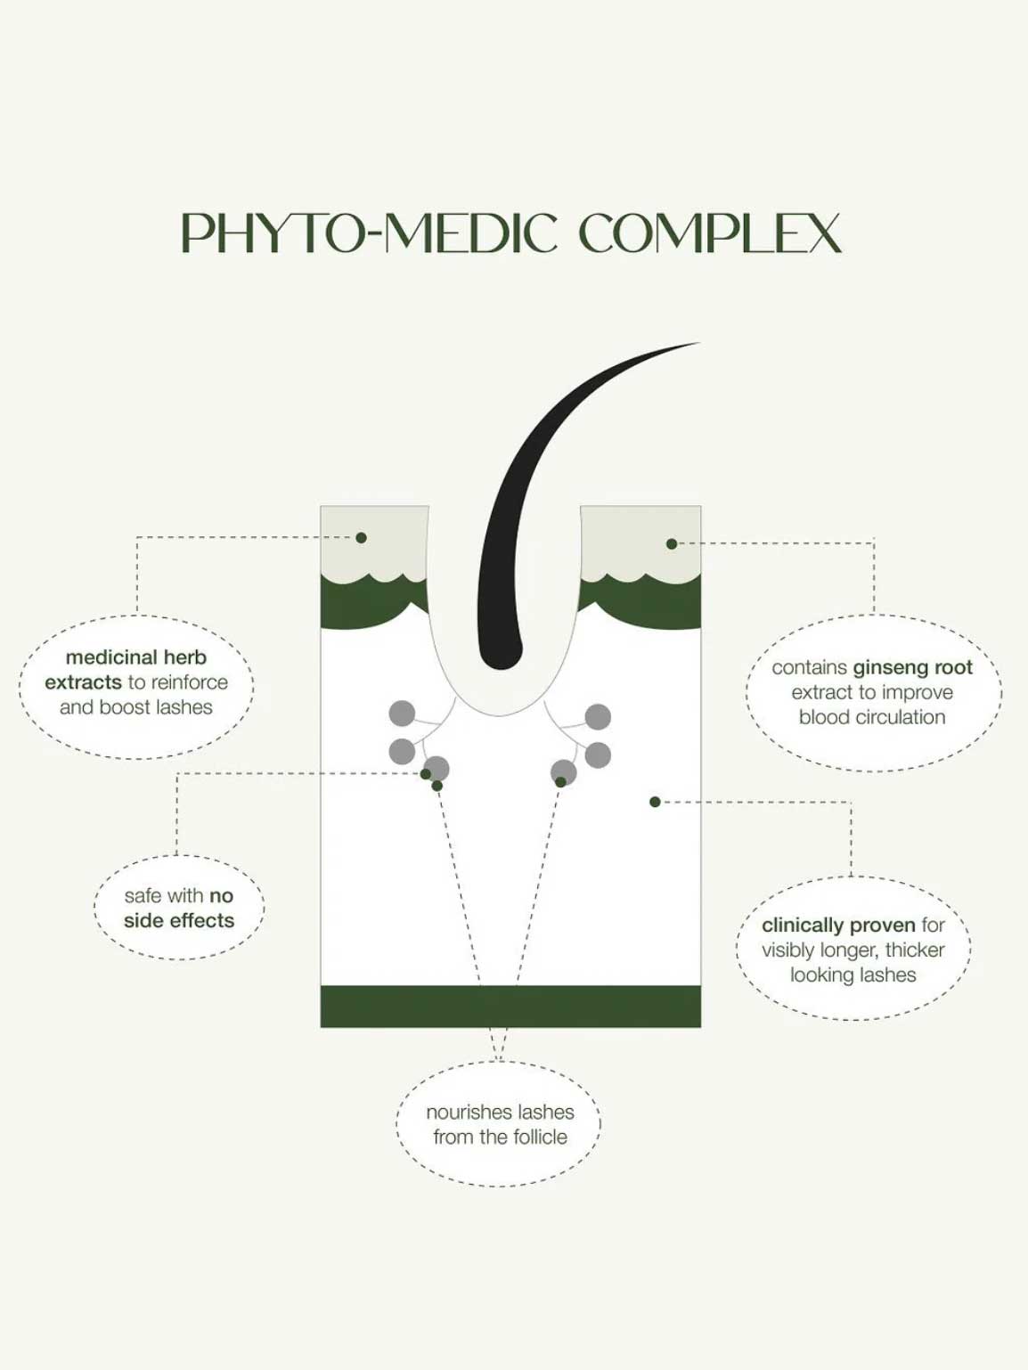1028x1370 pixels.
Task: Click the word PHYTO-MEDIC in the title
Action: click(x=369, y=233)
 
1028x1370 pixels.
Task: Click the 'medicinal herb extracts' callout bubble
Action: click(x=136, y=687)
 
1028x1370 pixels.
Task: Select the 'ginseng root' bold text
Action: click(x=912, y=668)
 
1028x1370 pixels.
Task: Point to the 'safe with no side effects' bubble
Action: click(x=179, y=908)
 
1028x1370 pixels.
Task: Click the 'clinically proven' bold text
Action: click(x=838, y=925)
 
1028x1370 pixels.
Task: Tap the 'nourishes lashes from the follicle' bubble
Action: click(x=499, y=1124)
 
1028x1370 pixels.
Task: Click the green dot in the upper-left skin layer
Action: click(x=361, y=537)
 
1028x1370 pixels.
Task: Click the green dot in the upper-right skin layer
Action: click(x=672, y=543)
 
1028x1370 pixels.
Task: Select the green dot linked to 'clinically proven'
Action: click(x=655, y=802)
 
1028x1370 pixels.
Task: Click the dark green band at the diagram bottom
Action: click(x=510, y=1007)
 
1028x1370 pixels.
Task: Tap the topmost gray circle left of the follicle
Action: click(x=402, y=714)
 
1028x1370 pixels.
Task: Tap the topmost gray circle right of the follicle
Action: click(x=598, y=716)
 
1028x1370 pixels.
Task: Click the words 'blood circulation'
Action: click(x=872, y=718)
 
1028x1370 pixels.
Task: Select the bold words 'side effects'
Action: click(x=179, y=921)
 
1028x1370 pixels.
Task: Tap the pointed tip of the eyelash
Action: click(x=699, y=343)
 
